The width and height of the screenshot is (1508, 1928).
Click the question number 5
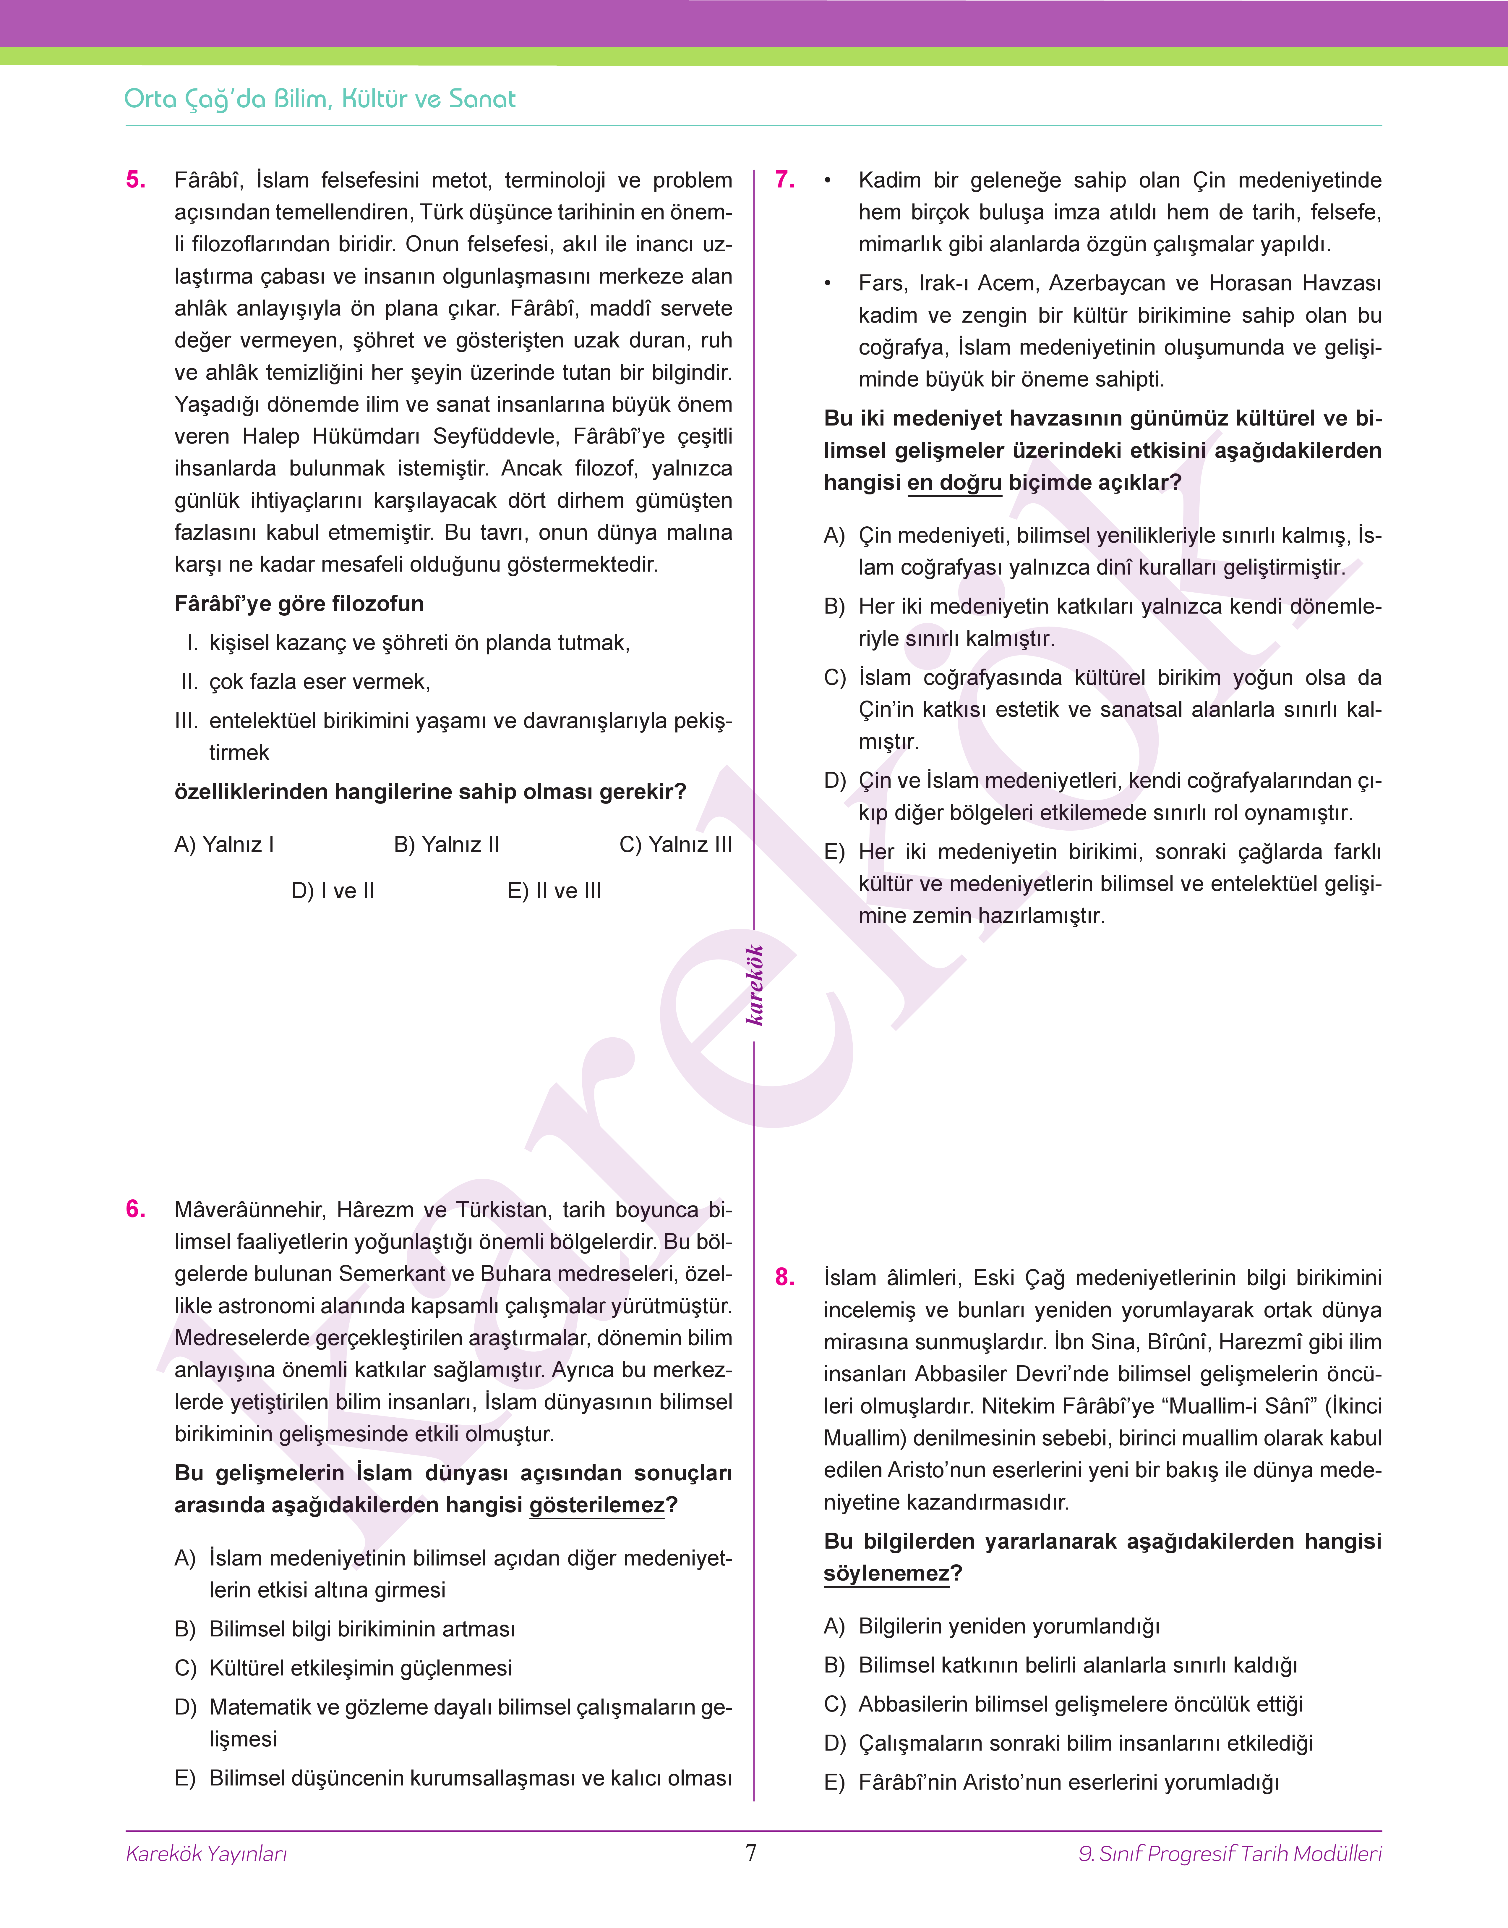(136, 180)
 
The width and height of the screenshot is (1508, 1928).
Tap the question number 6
(136, 1209)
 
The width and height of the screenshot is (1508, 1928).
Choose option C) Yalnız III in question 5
(675, 844)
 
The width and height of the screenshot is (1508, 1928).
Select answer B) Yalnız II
(447, 844)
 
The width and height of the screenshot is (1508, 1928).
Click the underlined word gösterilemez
(597, 1505)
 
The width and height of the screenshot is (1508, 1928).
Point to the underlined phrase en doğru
(954, 482)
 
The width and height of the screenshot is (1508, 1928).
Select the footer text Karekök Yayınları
(207, 1854)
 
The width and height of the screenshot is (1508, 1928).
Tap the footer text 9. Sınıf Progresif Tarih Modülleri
(1230, 1854)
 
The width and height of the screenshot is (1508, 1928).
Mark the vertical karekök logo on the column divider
(754, 985)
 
